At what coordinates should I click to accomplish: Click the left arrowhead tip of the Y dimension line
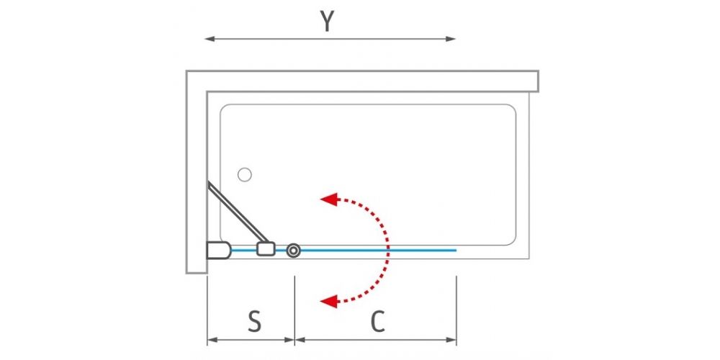[204, 39]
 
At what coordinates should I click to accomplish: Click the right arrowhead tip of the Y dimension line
[456, 39]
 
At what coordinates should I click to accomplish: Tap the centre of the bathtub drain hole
[245, 174]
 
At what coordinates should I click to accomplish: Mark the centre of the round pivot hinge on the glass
[294, 251]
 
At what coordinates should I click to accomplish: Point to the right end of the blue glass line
[456, 251]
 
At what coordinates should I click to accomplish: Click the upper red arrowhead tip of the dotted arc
[320, 199]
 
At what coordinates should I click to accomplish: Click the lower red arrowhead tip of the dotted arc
[320, 301]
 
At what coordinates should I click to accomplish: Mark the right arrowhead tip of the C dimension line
[456, 341]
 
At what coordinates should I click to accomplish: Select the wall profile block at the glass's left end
[219, 251]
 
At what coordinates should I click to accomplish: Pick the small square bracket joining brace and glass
[266, 249]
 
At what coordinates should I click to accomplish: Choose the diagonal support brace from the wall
[238, 212]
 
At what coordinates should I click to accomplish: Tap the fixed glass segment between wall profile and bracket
[244, 251]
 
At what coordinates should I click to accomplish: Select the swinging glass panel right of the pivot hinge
[379, 251]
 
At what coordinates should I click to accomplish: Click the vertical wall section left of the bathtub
[197, 172]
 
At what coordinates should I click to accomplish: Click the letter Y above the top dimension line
[327, 21]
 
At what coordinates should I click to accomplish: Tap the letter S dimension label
[254, 321]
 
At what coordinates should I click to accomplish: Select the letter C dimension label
[377, 321]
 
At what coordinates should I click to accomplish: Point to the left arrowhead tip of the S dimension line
[207, 341]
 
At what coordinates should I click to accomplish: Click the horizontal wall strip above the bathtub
[362, 81]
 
